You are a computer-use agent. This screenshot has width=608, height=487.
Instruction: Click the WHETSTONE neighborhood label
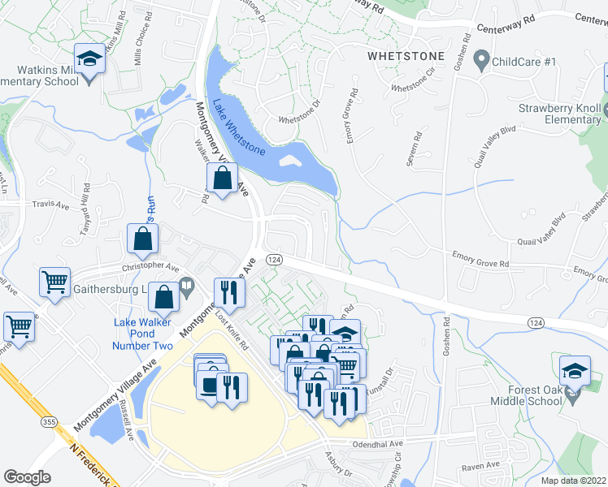click(x=406, y=56)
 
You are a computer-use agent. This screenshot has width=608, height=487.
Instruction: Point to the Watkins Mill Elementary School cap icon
click(x=88, y=58)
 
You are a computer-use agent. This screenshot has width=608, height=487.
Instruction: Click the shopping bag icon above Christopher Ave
click(x=143, y=239)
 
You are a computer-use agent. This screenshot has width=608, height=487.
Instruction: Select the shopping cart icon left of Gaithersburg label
click(x=55, y=282)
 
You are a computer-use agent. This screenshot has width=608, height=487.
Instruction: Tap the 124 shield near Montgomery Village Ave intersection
click(x=275, y=258)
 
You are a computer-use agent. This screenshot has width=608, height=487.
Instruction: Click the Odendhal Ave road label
click(x=378, y=444)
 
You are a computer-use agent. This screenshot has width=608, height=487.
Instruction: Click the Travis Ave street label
click(x=50, y=206)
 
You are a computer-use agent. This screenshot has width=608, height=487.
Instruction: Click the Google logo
click(x=28, y=477)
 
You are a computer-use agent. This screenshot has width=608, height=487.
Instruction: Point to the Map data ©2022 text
click(x=574, y=480)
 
